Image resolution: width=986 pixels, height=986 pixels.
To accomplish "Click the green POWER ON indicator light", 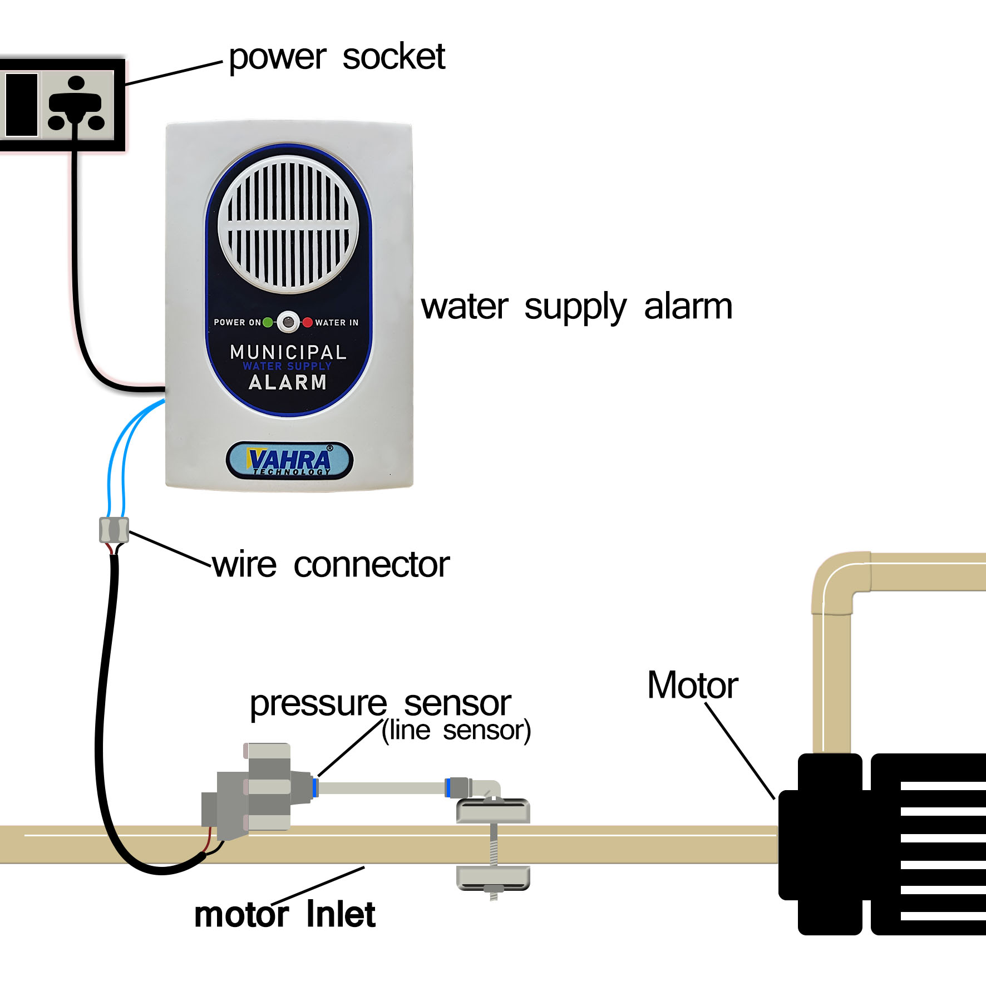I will (x=268, y=322).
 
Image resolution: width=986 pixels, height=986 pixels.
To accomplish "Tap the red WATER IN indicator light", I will (x=307, y=322).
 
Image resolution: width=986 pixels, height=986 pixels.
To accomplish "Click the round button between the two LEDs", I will (x=288, y=322).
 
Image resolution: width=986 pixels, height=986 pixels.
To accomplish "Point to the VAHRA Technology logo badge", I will (x=289, y=461).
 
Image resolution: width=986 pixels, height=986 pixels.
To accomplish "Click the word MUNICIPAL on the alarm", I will (x=288, y=352).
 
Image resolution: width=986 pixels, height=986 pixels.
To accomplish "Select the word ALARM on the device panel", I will (x=287, y=382).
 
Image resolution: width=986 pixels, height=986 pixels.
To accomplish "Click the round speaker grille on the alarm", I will (x=288, y=224).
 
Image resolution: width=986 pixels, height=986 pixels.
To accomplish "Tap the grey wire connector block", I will (x=114, y=530).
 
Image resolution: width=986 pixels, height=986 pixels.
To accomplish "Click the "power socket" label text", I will (x=337, y=57).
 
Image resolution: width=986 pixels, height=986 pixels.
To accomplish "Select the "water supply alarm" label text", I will (x=576, y=307).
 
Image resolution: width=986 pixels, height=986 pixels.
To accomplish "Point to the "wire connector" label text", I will (x=331, y=565).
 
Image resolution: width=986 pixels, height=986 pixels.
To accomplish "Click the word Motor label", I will (x=692, y=685).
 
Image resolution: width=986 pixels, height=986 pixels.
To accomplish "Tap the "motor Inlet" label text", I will (x=284, y=914).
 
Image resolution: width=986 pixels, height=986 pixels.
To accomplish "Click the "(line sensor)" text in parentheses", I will (x=456, y=730).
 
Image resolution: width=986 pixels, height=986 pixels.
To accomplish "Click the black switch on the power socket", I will (x=22, y=105).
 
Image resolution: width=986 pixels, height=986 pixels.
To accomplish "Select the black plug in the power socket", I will (x=75, y=103).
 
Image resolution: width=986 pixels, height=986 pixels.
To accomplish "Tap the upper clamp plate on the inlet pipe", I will (x=493, y=811).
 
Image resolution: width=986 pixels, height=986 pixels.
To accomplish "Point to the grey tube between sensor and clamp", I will (x=381, y=788).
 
